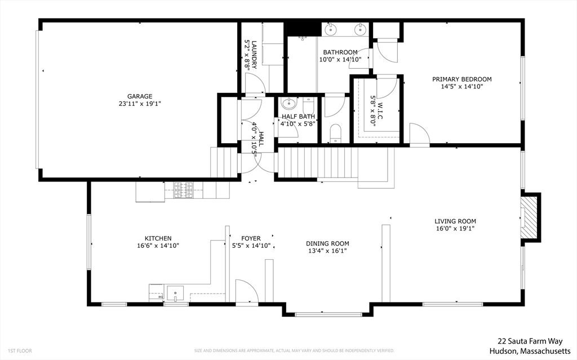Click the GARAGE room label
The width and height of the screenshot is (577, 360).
click(x=139, y=96)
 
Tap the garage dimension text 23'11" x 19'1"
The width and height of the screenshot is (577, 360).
click(x=139, y=104)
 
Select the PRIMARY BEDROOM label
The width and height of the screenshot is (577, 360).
click(x=461, y=79)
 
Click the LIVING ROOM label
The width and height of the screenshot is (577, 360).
click(x=455, y=221)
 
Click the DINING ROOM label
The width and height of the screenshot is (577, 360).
click(x=327, y=244)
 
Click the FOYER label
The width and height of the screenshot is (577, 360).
click(x=251, y=238)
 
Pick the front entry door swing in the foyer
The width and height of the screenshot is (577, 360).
click(x=246, y=291)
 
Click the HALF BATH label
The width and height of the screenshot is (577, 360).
click(x=298, y=117)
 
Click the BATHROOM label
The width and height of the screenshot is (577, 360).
click(x=340, y=52)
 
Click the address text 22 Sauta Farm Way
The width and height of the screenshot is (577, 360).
click(x=531, y=341)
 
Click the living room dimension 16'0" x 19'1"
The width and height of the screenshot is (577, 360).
click(x=455, y=229)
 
